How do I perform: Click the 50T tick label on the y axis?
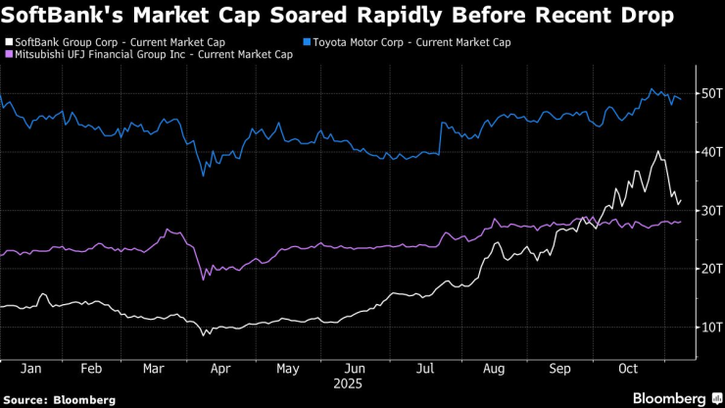coord(709,93)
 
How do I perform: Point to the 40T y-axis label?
coord(709,152)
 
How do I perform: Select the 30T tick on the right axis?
coord(709,210)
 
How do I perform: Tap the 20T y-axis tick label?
coord(709,268)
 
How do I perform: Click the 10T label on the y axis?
coord(709,327)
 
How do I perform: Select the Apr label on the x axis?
coord(220,370)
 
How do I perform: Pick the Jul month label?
coord(426,370)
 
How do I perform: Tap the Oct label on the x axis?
coord(629,370)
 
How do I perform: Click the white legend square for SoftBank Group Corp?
coord(9,42)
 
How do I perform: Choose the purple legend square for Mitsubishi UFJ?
coord(9,55)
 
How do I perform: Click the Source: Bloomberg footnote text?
coord(59,400)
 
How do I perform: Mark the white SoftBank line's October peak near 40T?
coord(657,152)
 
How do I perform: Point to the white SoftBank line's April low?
coord(204,335)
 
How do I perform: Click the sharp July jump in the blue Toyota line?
coord(441,137)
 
